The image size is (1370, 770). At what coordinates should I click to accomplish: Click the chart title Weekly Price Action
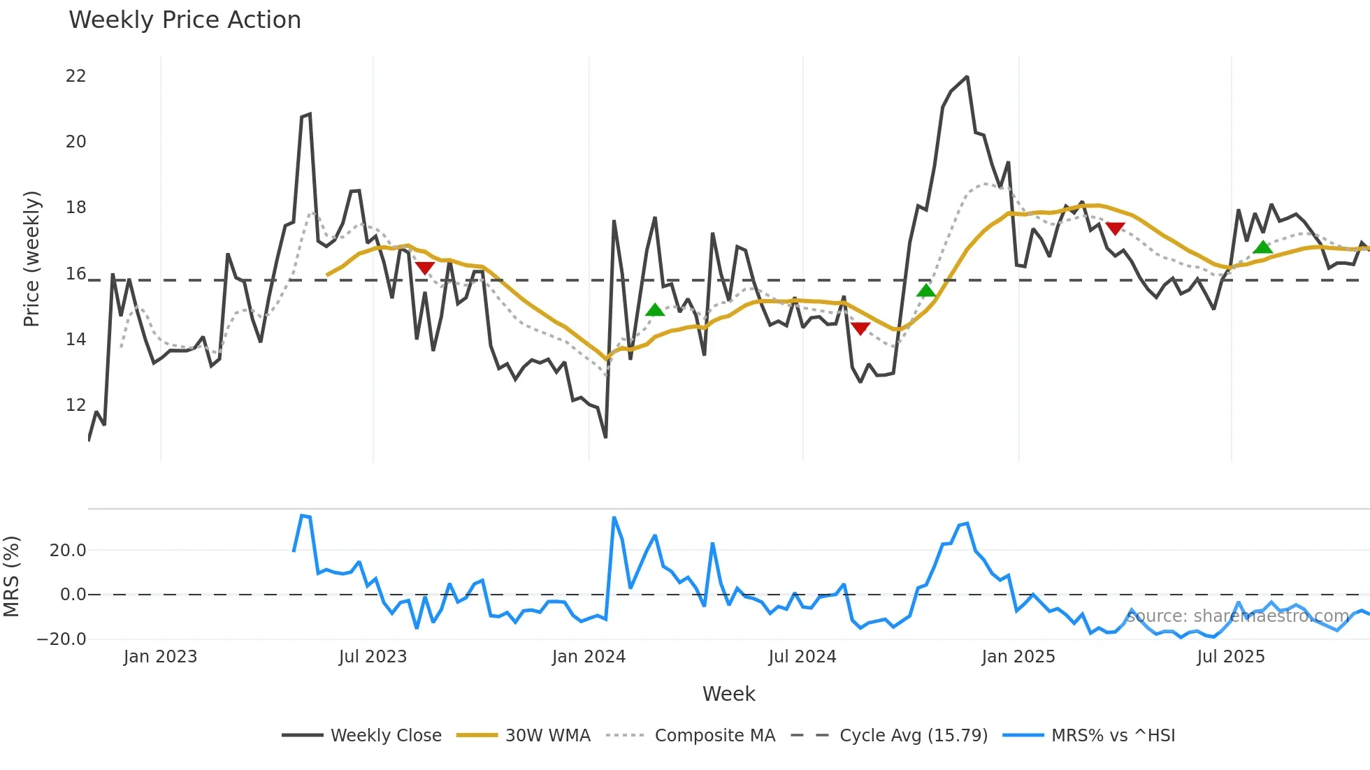pyautogui.click(x=185, y=20)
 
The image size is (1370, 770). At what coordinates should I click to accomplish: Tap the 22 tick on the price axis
pyautogui.click(x=75, y=76)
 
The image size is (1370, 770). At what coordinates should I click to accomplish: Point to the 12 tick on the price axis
pyautogui.click(x=75, y=405)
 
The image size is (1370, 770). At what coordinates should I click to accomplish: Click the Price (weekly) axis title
pyautogui.click(x=32, y=259)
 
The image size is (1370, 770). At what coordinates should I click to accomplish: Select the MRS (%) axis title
pyautogui.click(x=12, y=576)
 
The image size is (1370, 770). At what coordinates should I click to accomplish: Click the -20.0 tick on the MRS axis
pyautogui.click(x=62, y=639)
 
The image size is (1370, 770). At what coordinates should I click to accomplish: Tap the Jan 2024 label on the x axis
pyautogui.click(x=589, y=657)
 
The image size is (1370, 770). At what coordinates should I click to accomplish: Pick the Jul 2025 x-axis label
pyautogui.click(x=1230, y=657)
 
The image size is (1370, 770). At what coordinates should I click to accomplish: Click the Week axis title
pyautogui.click(x=728, y=694)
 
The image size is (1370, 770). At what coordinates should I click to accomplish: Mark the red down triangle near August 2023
pyautogui.click(x=425, y=268)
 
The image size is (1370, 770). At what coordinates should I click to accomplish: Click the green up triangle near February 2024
pyautogui.click(x=655, y=310)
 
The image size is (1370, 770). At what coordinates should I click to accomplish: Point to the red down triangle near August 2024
pyautogui.click(x=860, y=328)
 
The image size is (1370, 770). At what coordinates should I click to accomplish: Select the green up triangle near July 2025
pyautogui.click(x=1262, y=247)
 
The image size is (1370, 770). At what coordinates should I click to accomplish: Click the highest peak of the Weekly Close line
pyautogui.click(x=967, y=77)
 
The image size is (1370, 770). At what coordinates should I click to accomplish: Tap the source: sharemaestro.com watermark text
pyautogui.click(x=1237, y=616)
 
